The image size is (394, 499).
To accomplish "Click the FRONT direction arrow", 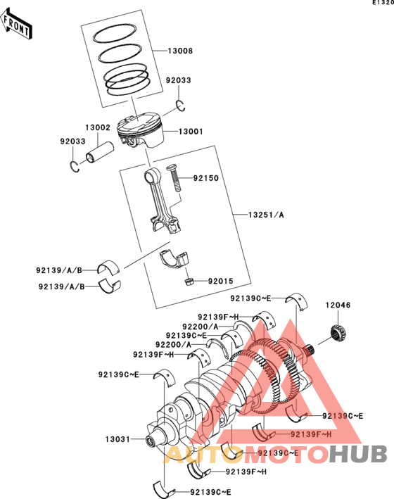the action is pos(17,25).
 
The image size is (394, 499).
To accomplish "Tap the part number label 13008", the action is pos(180,51).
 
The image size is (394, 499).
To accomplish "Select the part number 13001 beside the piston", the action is pos(191,132).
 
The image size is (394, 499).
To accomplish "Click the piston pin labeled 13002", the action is pos(100,152).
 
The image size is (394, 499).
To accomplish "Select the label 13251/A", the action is pos(266,215).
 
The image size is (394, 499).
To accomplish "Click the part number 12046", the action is pos(338,305).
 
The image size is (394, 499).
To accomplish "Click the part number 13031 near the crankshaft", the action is pos(117,439).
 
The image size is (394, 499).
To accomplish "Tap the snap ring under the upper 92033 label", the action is pos(181,106).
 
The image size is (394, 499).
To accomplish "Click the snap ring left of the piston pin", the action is pos(75,167).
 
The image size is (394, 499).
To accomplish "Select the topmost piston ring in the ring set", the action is pos(114,33).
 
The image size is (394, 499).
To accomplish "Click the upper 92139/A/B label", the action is pos(59,270).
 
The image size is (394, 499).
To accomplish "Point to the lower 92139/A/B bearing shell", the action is pos(110,286).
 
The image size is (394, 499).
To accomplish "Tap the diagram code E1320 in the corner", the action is pos(383,3).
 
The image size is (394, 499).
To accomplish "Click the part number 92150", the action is pos(206,178).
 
